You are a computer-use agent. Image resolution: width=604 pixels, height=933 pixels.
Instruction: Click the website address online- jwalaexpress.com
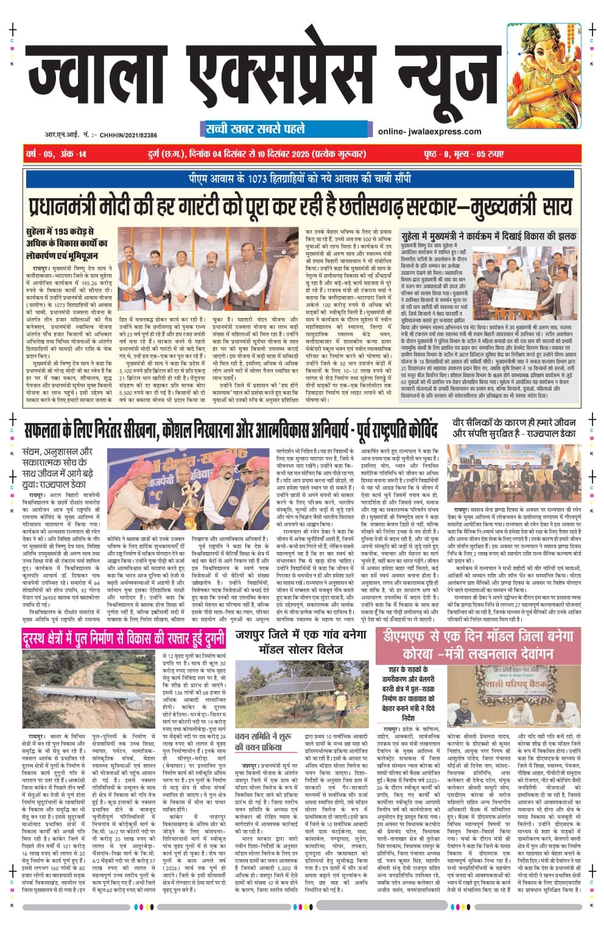[429, 132]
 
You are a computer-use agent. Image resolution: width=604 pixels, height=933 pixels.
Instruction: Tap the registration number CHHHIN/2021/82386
[127, 135]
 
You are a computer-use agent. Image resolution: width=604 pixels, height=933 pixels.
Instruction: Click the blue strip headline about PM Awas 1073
[298, 179]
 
